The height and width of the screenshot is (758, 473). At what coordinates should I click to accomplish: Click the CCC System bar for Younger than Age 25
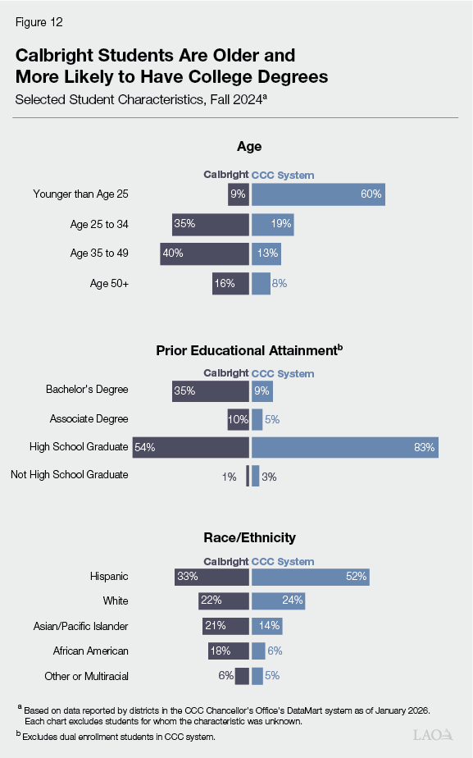point(318,194)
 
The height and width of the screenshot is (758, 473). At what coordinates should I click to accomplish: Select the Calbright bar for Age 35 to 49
point(204,253)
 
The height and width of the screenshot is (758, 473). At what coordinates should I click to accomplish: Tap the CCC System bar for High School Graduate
point(344,447)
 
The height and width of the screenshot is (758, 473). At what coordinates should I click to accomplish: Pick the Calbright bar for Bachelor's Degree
point(210,391)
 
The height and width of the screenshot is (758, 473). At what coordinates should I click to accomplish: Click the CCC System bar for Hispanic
point(310,577)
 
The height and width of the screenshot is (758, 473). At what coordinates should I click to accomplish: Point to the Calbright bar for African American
point(228,651)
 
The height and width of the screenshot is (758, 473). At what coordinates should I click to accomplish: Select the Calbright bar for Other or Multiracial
point(242,676)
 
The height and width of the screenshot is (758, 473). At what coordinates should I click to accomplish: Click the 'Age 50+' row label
point(109,283)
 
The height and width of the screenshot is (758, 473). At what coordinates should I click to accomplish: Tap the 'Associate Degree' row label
point(89,419)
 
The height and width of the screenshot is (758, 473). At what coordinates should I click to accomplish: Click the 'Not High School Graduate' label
point(69,475)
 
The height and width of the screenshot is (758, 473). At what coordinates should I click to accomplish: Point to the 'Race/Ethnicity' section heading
point(238,538)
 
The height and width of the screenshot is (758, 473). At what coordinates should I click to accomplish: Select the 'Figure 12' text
point(38,22)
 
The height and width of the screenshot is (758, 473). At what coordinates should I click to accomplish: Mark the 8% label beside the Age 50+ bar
point(280,283)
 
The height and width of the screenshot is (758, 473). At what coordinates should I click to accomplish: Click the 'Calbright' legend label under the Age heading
point(225,175)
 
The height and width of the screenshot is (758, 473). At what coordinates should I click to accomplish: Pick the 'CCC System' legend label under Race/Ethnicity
point(283,562)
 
